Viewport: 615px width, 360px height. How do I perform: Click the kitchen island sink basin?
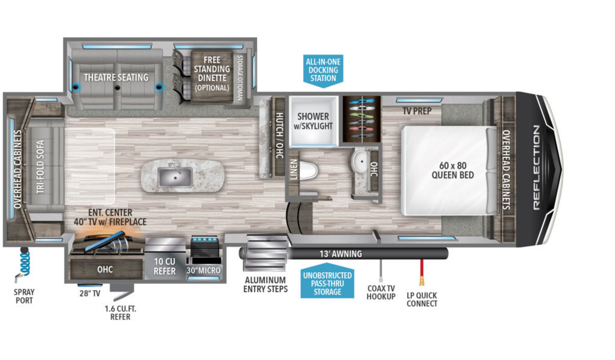click(x=175, y=177)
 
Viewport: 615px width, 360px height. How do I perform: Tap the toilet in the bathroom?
click(x=309, y=171)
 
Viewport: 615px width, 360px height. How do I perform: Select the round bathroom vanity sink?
click(x=360, y=161)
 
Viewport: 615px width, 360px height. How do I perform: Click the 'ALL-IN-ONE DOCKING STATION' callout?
click(x=323, y=71)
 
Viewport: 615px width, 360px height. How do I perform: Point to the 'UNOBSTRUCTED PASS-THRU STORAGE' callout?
click(x=327, y=281)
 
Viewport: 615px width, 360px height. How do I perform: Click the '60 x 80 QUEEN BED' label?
click(x=453, y=170)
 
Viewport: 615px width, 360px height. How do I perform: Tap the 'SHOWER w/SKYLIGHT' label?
click(x=313, y=121)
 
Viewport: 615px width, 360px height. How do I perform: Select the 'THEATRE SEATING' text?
click(x=116, y=78)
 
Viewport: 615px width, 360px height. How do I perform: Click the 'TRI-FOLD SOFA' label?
click(x=40, y=167)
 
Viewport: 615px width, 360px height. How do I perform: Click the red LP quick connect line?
click(x=421, y=268)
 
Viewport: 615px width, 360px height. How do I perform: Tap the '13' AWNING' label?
click(x=340, y=254)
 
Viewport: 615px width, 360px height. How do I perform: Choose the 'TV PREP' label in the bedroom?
click(x=417, y=111)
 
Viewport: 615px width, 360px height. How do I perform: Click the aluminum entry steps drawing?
click(x=265, y=252)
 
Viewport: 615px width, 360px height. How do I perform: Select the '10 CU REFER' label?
click(x=165, y=266)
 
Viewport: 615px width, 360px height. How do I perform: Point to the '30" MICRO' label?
click(x=203, y=270)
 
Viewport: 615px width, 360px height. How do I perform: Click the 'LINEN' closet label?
click(x=294, y=170)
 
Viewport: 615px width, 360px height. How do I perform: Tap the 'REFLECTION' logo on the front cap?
click(x=537, y=167)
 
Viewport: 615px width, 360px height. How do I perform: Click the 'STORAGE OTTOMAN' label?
click(x=240, y=78)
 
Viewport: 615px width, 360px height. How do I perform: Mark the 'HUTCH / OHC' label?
click(x=279, y=135)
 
